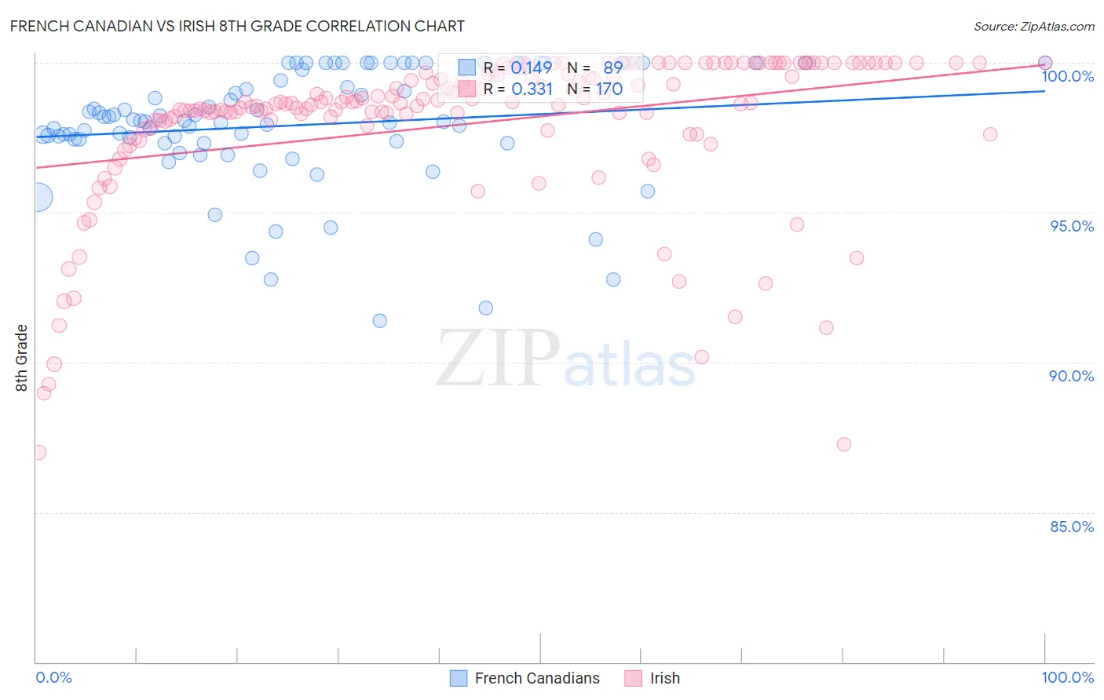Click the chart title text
pos(237,26)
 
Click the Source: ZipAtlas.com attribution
pos(1033,26)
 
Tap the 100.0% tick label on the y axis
pos(1067,76)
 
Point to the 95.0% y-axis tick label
pos(1072,226)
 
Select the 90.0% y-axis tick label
pos(1072,376)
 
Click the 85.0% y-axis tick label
pos(1072,527)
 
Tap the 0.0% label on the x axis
pos(53,677)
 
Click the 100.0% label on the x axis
pos(1067,677)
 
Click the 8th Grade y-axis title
pos(22,358)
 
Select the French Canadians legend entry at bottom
pos(537,678)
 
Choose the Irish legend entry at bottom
pos(664,678)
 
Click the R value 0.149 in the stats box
pos(532,67)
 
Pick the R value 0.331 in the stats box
pos(532,89)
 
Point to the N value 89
pos(612,67)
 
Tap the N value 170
pos(609,89)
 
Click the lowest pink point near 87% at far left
pos(37,452)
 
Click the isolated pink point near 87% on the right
pos(844,444)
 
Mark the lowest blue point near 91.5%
pos(380,320)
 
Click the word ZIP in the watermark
pos(497,359)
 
